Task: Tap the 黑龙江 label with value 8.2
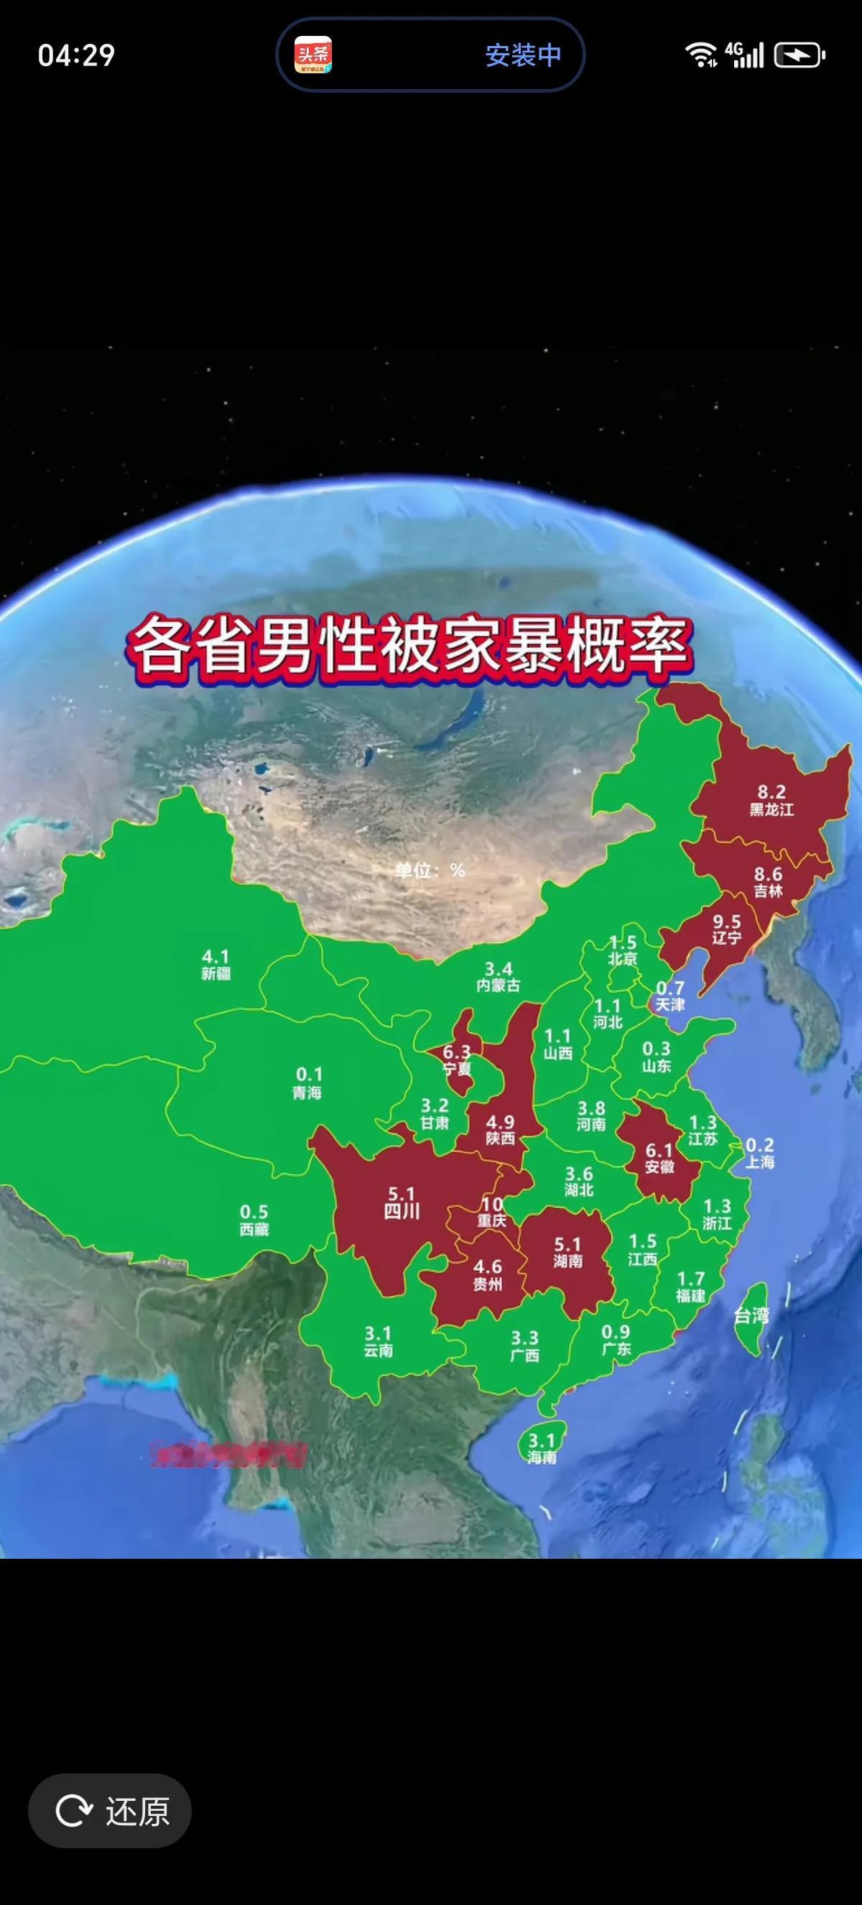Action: (771, 801)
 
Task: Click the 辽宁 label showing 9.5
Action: (726, 930)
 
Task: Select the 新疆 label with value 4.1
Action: (216, 964)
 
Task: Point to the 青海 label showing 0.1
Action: (307, 1083)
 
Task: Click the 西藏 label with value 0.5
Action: (254, 1220)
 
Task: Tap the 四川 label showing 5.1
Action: (402, 1202)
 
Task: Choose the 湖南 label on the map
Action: (567, 1253)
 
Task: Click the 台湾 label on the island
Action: (751, 1314)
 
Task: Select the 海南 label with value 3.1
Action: (542, 1448)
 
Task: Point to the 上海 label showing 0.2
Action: (759, 1154)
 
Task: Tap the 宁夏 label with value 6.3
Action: (457, 1060)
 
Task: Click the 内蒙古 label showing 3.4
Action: (499, 977)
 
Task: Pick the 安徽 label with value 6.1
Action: (659, 1159)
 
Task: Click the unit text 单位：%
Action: (430, 871)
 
